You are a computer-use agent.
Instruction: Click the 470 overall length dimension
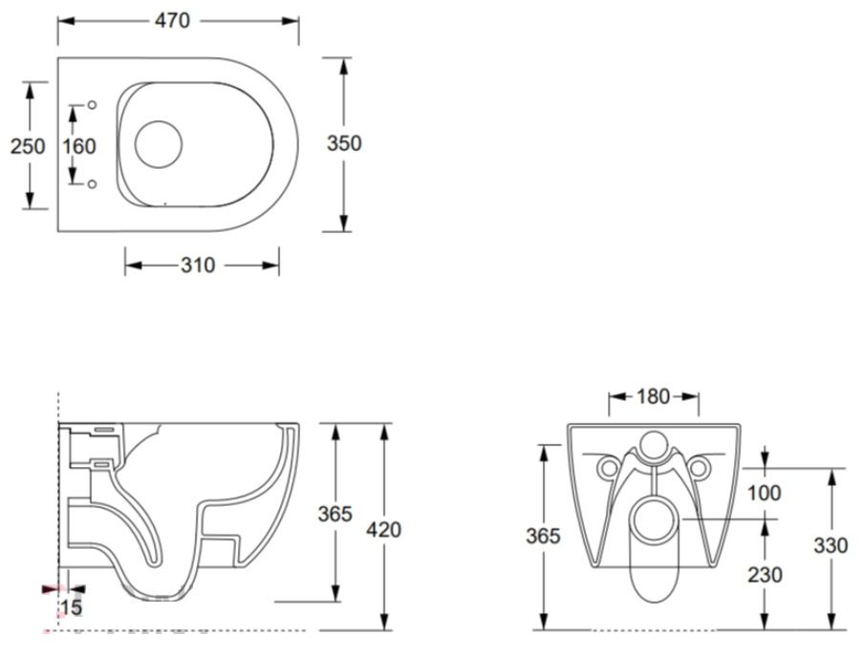pyautogui.click(x=172, y=21)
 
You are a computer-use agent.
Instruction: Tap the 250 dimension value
pyautogui.click(x=28, y=146)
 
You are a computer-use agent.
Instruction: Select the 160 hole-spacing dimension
pyautogui.click(x=78, y=146)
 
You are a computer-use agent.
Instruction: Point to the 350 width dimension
pyautogui.click(x=344, y=143)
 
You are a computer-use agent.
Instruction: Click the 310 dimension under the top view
pyautogui.click(x=198, y=265)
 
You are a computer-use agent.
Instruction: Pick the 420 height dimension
pyautogui.click(x=384, y=529)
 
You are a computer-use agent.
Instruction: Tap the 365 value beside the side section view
pyautogui.click(x=335, y=514)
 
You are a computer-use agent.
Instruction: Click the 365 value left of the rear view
pyautogui.click(x=543, y=536)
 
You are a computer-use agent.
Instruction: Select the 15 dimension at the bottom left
pyautogui.click(x=71, y=607)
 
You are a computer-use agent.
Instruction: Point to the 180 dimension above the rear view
pyautogui.click(x=653, y=396)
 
